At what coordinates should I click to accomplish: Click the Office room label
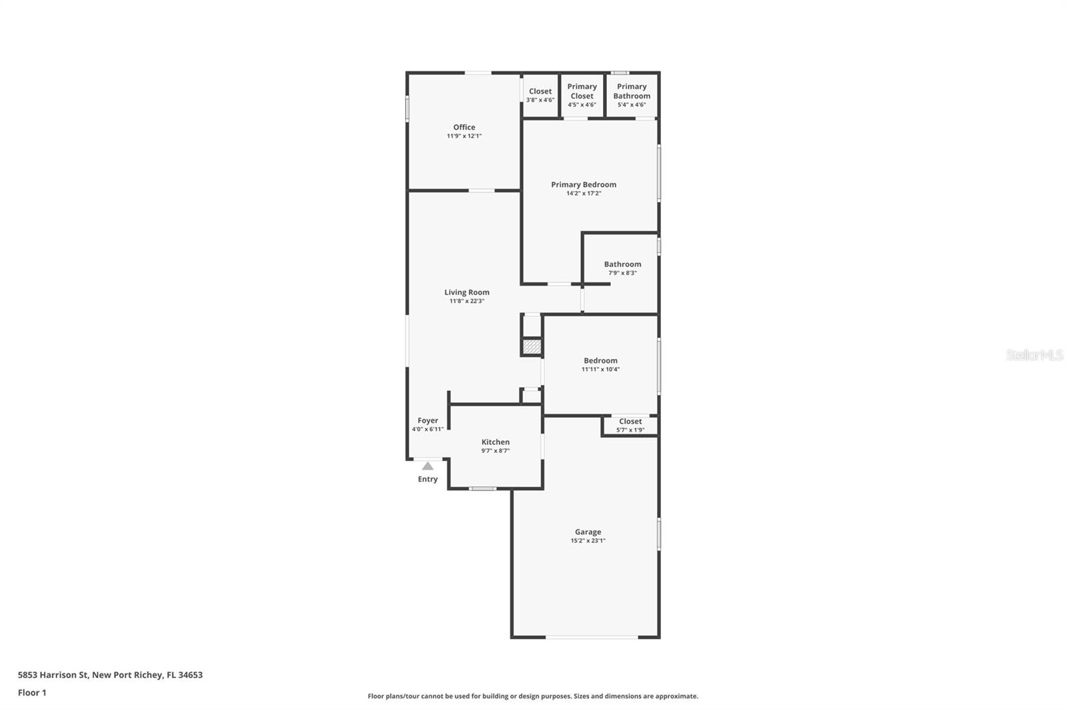click(464, 127)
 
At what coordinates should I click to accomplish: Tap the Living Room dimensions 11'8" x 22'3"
click(467, 301)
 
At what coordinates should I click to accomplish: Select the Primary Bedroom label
click(584, 184)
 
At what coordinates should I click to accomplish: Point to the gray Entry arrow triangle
click(428, 466)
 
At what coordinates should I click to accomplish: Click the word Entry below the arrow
click(428, 479)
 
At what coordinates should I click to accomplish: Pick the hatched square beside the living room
click(532, 346)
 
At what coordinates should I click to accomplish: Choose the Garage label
click(588, 532)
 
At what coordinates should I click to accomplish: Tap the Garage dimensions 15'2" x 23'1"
click(588, 541)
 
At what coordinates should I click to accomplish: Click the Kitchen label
click(496, 442)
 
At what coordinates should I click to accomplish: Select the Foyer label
click(428, 421)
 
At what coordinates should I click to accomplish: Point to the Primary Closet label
click(582, 91)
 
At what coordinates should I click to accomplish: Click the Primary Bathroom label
click(632, 91)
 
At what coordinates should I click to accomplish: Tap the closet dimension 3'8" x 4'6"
click(540, 100)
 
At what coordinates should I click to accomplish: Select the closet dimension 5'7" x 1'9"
click(630, 430)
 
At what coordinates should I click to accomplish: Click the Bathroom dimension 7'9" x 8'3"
click(622, 272)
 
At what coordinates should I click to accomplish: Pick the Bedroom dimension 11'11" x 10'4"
click(600, 369)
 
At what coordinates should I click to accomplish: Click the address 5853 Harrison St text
click(53, 675)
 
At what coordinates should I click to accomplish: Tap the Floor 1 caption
click(32, 693)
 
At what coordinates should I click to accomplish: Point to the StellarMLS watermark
click(1035, 354)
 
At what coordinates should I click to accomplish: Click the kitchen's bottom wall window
click(482, 488)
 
